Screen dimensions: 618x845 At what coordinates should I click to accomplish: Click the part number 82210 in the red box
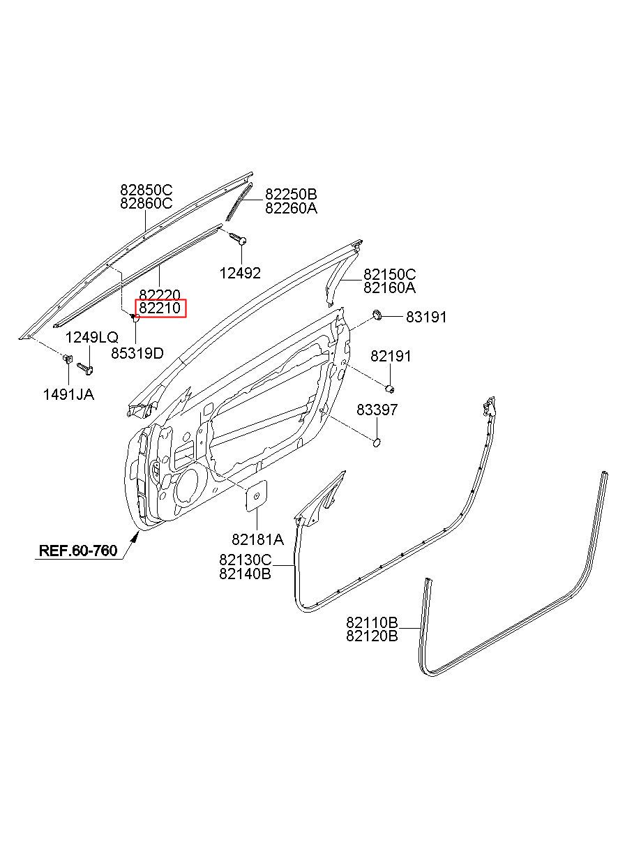point(160,308)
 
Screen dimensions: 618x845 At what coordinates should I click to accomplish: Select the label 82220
point(160,294)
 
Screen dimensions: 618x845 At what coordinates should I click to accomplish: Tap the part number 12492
point(240,273)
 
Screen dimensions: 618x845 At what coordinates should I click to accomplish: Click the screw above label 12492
point(238,239)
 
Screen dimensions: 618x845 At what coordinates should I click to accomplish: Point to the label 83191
point(426,317)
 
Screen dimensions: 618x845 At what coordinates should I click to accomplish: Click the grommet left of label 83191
point(377,314)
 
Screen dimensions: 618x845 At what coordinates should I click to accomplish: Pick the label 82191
point(391,356)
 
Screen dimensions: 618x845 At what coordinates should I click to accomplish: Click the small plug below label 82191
point(390,388)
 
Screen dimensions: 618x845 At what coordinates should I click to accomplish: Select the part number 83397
point(377,410)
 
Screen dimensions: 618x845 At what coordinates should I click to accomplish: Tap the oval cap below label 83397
point(377,442)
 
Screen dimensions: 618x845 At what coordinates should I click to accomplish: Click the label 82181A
point(257,539)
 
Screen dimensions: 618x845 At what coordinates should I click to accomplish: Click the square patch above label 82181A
point(257,495)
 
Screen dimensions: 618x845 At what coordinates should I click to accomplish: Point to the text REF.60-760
point(78,551)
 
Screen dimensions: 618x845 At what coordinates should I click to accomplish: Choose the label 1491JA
point(68,394)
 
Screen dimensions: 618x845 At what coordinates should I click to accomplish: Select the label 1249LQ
point(92,338)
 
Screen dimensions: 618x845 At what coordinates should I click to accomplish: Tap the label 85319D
point(137,353)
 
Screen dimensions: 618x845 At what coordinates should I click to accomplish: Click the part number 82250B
point(291,194)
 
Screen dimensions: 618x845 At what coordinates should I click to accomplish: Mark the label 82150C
point(389,274)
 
